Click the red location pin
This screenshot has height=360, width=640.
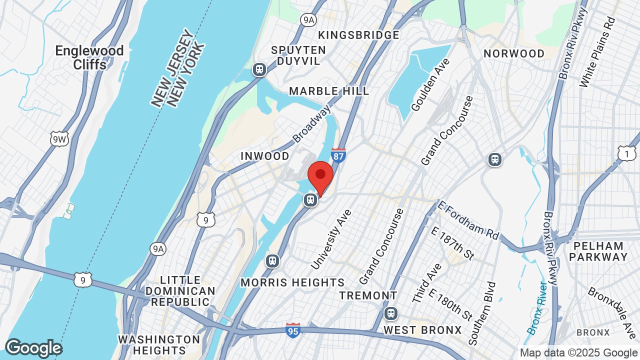(320, 178)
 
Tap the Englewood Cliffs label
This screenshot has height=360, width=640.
(89, 57)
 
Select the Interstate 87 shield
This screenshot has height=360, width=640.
(338, 155)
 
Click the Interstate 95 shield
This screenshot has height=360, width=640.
(293, 330)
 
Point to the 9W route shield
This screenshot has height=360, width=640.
(59, 138)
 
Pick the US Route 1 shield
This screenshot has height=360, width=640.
(626, 153)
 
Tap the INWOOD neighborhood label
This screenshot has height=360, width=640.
(265, 156)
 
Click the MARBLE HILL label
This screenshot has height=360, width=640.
(329, 91)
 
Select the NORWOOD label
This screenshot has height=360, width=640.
(514, 53)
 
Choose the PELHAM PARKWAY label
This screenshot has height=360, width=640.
(598, 251)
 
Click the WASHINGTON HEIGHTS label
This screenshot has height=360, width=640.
(159, 345)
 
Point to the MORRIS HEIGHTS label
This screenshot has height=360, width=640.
(292, 282)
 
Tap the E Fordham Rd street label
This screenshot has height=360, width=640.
(468, 220)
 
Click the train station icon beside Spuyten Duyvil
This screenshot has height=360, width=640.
(259, 69)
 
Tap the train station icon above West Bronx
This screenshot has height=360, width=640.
(391, 314)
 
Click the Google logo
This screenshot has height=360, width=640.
(33, 348)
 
